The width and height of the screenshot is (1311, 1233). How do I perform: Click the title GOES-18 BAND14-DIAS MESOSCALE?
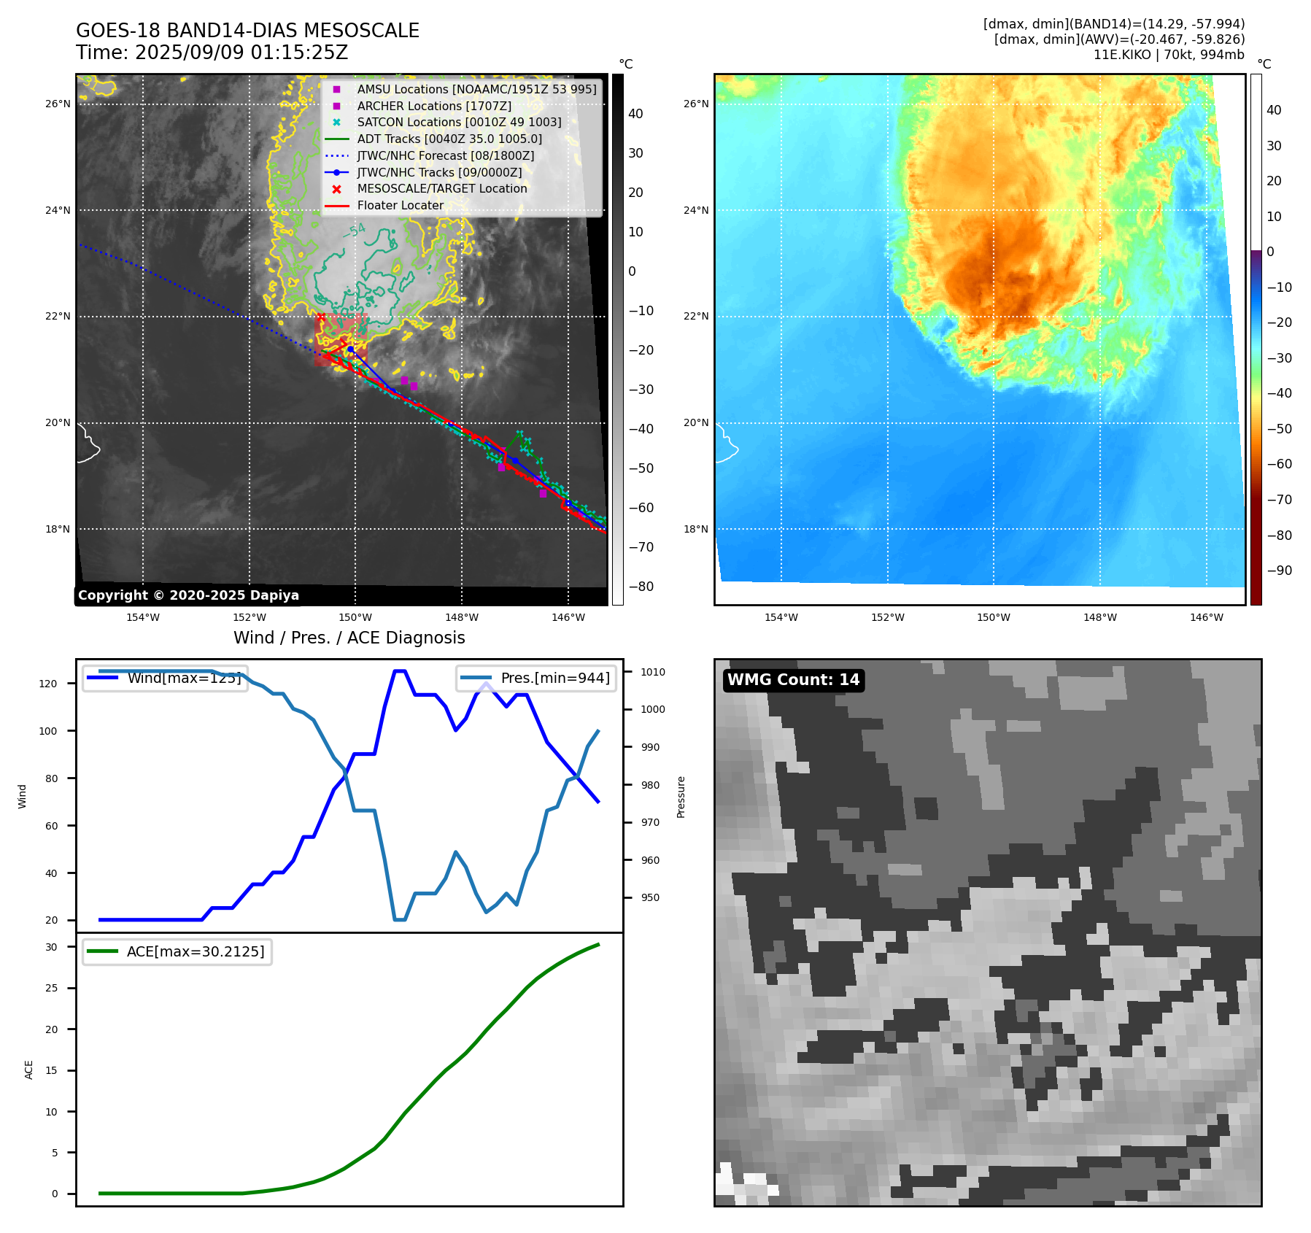tap(247, 31)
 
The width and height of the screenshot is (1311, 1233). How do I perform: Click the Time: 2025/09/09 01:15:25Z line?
tap(212, 53)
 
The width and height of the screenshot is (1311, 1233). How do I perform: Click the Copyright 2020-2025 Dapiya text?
tap(188, 595)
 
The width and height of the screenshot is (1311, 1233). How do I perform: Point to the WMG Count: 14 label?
tap(793, 680)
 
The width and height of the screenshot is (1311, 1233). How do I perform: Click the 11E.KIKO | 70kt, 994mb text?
tap(1168, 55)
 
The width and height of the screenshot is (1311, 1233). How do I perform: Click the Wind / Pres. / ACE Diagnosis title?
tap(349, 638)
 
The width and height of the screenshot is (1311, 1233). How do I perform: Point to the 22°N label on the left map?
tap(58, 316)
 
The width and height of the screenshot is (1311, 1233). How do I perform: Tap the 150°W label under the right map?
tap(993, 617)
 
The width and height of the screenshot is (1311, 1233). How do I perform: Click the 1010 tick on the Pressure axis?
tap(653, 672)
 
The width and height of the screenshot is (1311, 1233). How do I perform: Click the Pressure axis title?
tap(681, 797)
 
